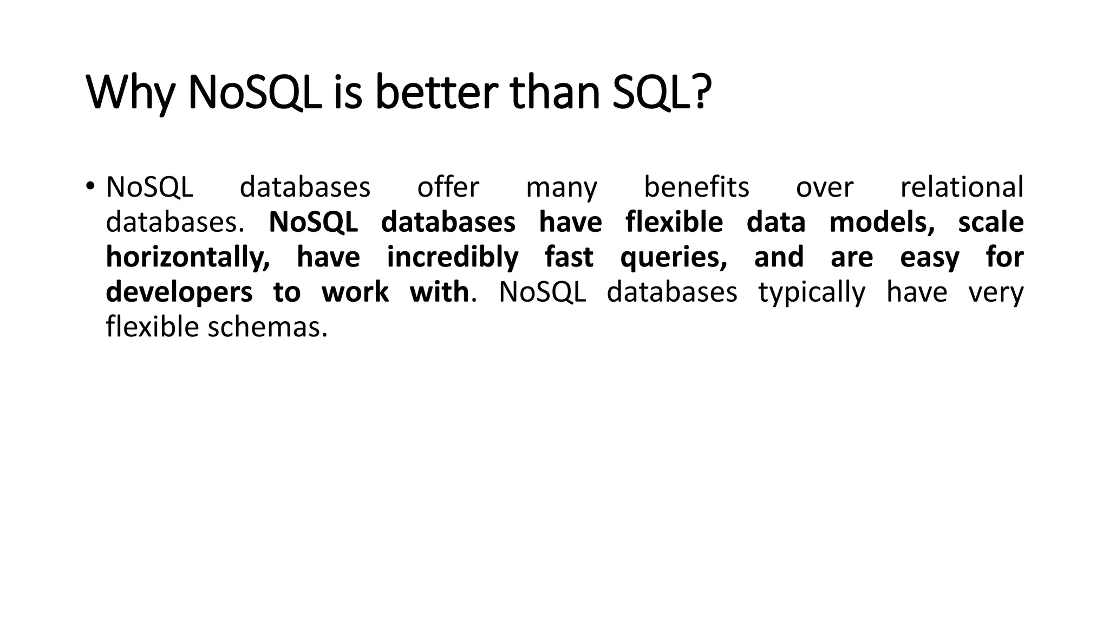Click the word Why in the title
tap(130, 93)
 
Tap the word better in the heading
tap(436, 93)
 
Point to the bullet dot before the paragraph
tap(90, 186)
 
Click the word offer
tap(448, 187)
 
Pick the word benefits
tap(696, 187)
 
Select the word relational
tap(961, 187)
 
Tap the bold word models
tap(882, 223)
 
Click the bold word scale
tap(990, 223)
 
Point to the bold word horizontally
tap(187, 258)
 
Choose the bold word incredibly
tap(452, 258)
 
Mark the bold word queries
tap(674, 258)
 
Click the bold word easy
tap(929, 258)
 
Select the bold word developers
tap(179, 293)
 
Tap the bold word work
tap(355, 292)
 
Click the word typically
tap(812, 293)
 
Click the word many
tap(562, 188)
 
